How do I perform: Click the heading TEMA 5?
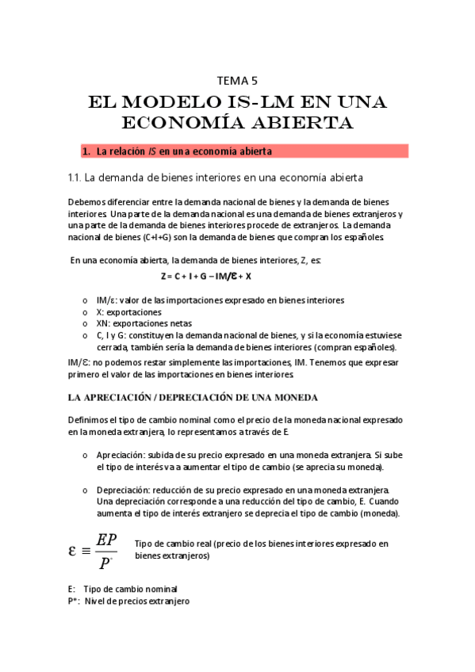(237, 79)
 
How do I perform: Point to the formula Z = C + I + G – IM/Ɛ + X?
(205, 276)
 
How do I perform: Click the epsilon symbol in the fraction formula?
(74, 549)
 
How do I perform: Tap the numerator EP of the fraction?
(105, 540)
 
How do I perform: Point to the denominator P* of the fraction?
(105, 563)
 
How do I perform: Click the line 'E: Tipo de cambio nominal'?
(123, 590)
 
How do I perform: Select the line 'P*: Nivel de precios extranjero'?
(128, 601)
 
